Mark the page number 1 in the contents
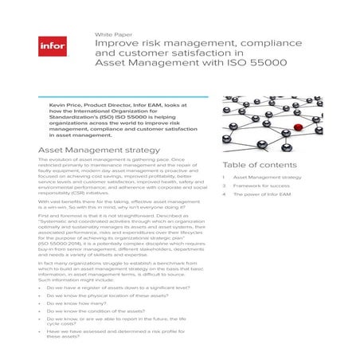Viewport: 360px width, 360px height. tap(224, 177)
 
